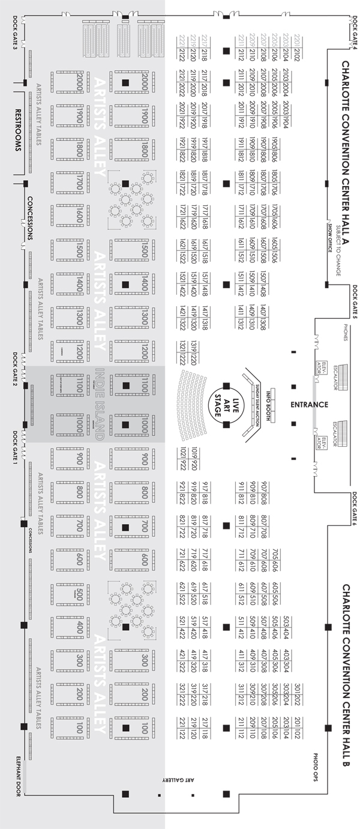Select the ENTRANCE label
coord(309,405)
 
